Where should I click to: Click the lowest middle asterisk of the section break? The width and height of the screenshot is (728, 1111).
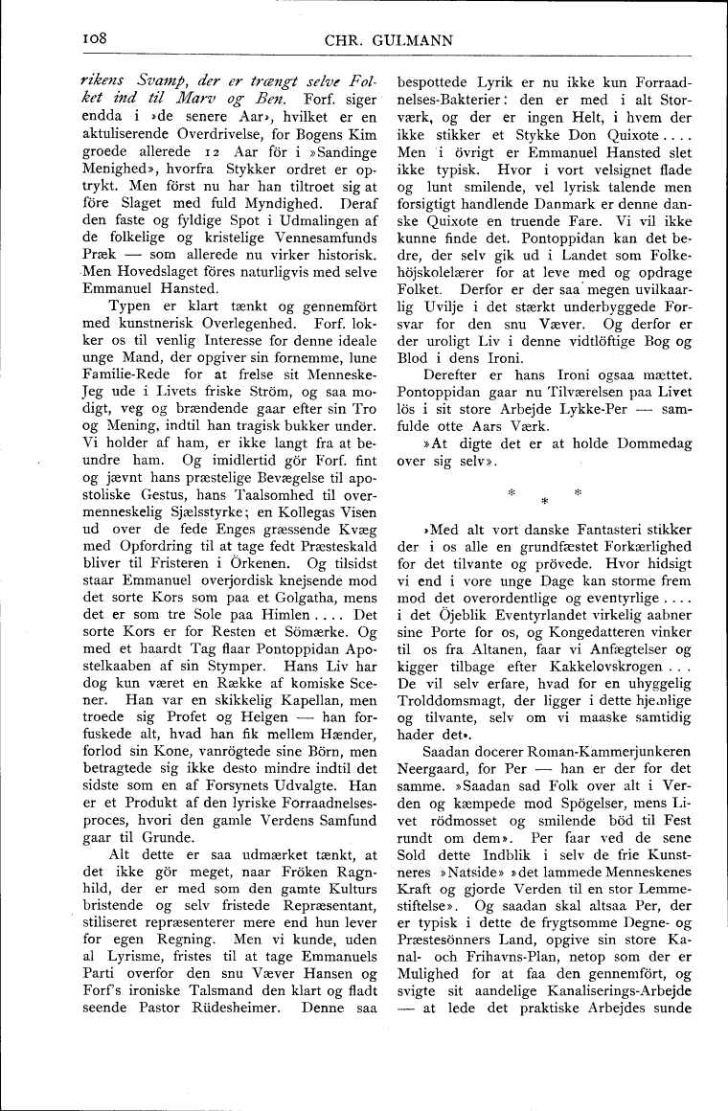click(545, 501)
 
